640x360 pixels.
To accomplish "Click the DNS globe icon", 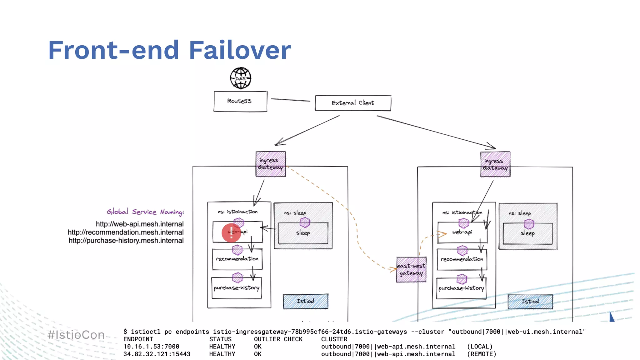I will point(240,78).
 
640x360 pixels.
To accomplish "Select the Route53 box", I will point(240,101).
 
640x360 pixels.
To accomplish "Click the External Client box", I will point(353,103).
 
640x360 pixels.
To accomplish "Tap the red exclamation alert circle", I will point(231,233).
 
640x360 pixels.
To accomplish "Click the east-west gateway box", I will point(411,270).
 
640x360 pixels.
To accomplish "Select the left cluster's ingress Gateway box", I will point(271,164).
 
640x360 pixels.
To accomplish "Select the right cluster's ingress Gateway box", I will point(495,164).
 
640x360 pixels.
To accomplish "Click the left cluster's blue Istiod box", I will point(305,301).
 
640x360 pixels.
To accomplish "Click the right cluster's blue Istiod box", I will point(530,302).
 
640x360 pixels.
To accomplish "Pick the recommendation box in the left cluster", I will point(237,259).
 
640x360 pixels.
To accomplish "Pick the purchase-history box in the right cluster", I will point(461,288).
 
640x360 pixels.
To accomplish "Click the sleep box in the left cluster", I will point(303,233).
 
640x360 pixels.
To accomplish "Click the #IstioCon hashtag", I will point(76,335).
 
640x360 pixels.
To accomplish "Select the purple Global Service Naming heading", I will point(145,212).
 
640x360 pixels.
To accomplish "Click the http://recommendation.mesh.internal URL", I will point(126,232).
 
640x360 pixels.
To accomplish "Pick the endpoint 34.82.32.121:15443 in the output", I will point(157,354).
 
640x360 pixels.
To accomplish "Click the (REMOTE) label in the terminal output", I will point(482,354).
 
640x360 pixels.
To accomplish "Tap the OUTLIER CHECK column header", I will point(278,339).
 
